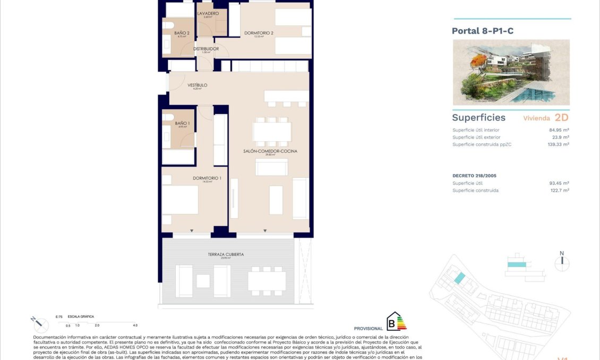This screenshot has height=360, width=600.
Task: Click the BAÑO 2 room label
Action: (x=182, y=33)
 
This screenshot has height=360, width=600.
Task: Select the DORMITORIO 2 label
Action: (x=259, y=33)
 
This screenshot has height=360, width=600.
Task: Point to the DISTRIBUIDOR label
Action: (x=206, y=49)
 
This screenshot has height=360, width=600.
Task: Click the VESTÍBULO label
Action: (x=197, y=85)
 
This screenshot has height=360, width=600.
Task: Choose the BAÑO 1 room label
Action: (x=182, y=123)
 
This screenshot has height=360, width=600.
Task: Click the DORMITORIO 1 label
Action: (x=207, y=178)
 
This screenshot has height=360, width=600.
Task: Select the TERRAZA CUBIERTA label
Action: (x=226, y=254)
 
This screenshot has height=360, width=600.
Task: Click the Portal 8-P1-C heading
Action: (x=482, y=31)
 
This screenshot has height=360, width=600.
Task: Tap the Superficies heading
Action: (x=478, y=118)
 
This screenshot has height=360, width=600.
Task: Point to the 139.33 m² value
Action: (x=558, y=144)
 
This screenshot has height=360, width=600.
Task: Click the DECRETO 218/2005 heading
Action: (x=474, y=175)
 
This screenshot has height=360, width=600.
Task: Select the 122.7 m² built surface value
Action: (x=559, y=190)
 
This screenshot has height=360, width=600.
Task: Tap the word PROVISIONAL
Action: (x=368, y=329)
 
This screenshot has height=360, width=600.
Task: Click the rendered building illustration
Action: (x=511, y=72)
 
